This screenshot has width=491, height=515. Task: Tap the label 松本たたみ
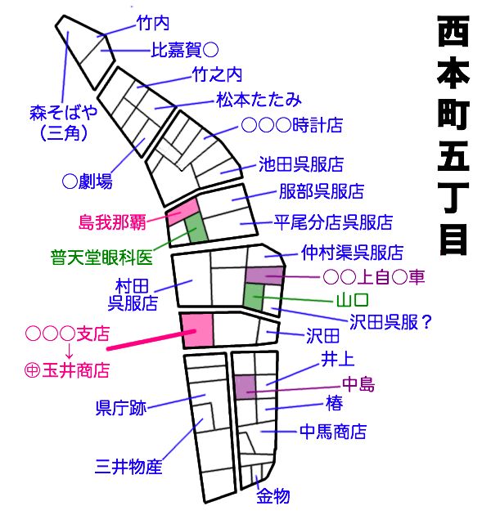(259, 101)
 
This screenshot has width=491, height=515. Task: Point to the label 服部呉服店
(320, 193)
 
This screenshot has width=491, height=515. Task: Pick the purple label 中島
(357, 384)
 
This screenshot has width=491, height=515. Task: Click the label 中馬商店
(332, 432)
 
